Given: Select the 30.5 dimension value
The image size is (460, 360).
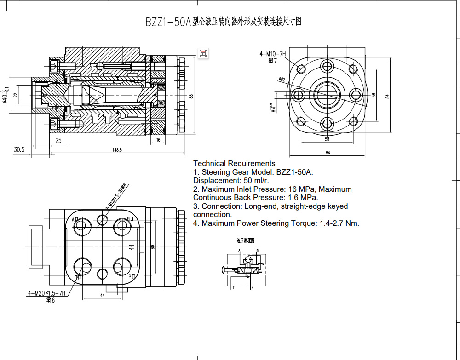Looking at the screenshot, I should point(19,149).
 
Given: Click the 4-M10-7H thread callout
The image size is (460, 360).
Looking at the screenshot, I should point(272,54).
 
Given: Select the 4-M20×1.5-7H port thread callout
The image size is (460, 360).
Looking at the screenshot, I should point(46,293).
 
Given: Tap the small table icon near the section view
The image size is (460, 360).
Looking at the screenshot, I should point(203,53).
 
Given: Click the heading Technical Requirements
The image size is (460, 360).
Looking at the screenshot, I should point(234,163).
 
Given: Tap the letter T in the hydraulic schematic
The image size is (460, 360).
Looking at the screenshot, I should point(233,287).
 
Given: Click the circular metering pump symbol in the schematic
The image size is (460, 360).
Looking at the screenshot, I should point(248,260).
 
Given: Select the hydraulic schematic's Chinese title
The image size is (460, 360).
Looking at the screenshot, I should point(245,240).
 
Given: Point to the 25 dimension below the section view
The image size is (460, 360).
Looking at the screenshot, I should point(58,140).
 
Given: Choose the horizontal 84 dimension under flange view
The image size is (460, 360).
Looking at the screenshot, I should point(328,153).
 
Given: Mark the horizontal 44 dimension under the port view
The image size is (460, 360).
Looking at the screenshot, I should point(102,296).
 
